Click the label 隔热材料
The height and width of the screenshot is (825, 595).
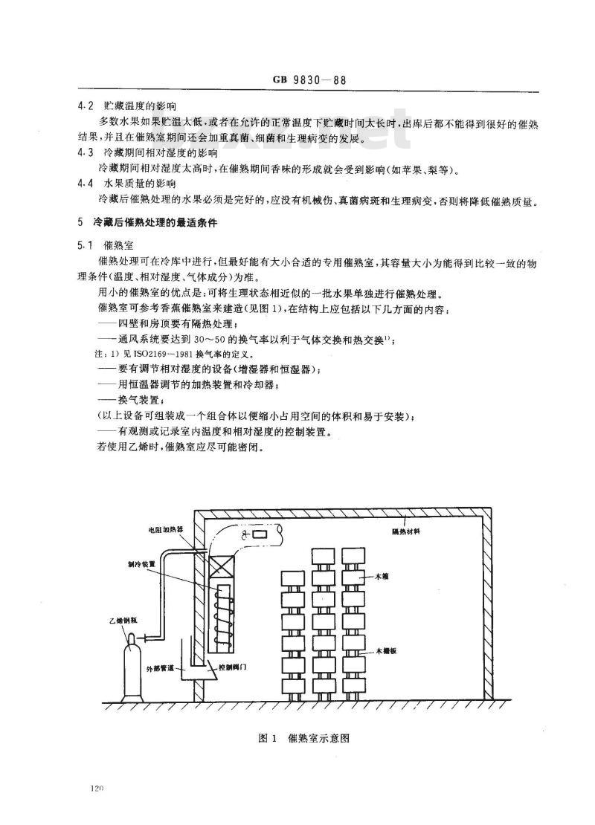(406, 532)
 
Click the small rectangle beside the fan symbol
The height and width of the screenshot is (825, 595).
(259, 534)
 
